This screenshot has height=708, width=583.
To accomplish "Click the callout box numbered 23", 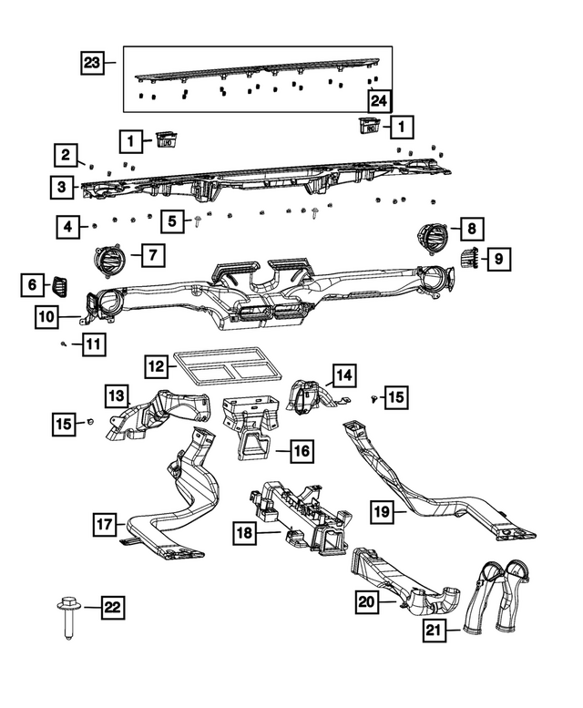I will point(92,63).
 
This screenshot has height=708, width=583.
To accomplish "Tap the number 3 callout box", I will point(62,187).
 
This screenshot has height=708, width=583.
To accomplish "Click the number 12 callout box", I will point(158,366).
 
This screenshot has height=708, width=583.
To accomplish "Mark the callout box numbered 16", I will point(302,449).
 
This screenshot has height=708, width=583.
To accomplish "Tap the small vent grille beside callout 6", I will point(61,285).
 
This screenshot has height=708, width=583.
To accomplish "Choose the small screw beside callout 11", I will point(62,344).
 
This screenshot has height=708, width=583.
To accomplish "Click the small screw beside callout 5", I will point(197,225).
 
